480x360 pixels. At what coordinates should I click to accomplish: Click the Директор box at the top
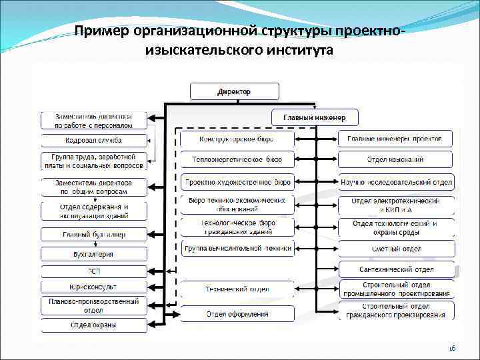coord(233,91)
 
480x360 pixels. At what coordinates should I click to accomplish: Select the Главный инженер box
coord(315,118)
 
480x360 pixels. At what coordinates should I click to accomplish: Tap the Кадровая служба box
coord(93,141)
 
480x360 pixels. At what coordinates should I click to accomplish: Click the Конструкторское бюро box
coord(237,139)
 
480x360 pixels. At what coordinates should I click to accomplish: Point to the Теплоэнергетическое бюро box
coord(237,159)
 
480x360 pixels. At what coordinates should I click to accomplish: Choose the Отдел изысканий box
coord(395,159)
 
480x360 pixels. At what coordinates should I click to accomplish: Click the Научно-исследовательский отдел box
coord(395,181)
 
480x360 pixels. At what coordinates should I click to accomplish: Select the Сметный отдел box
coord(395,249)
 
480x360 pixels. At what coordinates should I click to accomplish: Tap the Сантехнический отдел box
coord(395,269)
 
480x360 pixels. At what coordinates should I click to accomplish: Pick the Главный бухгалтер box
coord(93,234)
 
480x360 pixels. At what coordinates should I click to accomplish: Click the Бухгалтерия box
coord(93,254)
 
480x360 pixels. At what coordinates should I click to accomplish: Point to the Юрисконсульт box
coord(93,287)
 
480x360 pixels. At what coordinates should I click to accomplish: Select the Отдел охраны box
coord(93,325)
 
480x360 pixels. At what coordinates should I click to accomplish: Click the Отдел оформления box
coord(237,314)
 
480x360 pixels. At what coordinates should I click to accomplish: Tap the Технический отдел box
coord(237,289)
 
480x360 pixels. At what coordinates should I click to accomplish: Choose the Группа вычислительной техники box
coord(237,249)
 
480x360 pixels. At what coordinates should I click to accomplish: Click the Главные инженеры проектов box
coord(395,139)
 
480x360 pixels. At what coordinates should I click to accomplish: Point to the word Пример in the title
coord(100,31)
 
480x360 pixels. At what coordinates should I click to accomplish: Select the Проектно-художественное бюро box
coord(237,181)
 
